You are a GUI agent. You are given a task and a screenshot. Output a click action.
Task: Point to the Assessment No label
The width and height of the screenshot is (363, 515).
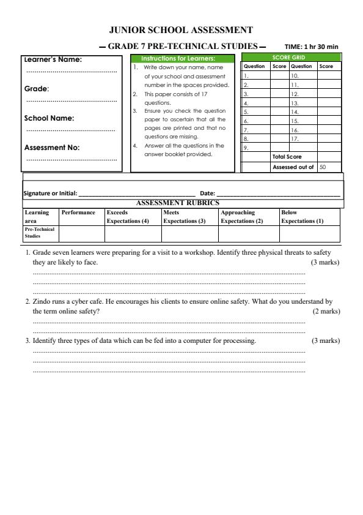[52, 147]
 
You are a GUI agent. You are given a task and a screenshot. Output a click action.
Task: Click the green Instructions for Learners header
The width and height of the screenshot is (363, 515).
[182, 58]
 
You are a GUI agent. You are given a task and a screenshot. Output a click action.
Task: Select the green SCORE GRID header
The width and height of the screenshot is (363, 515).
[291, 57]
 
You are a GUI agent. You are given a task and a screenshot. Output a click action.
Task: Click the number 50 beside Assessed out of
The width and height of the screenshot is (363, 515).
[322, 167]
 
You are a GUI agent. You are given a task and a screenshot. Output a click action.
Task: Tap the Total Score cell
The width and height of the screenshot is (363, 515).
[287, 157]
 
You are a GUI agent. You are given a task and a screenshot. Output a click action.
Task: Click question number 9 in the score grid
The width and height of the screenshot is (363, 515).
[246, 148]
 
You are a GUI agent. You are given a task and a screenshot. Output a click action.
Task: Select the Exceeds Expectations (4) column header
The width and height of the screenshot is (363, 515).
[128, 217]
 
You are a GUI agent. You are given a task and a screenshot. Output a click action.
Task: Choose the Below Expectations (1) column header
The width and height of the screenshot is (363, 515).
[302, 217]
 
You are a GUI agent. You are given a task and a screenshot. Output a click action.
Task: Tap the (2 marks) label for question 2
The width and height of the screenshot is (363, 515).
[325, 311]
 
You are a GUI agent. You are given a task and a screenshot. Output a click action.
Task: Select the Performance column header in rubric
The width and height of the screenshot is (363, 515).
[78, 212]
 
